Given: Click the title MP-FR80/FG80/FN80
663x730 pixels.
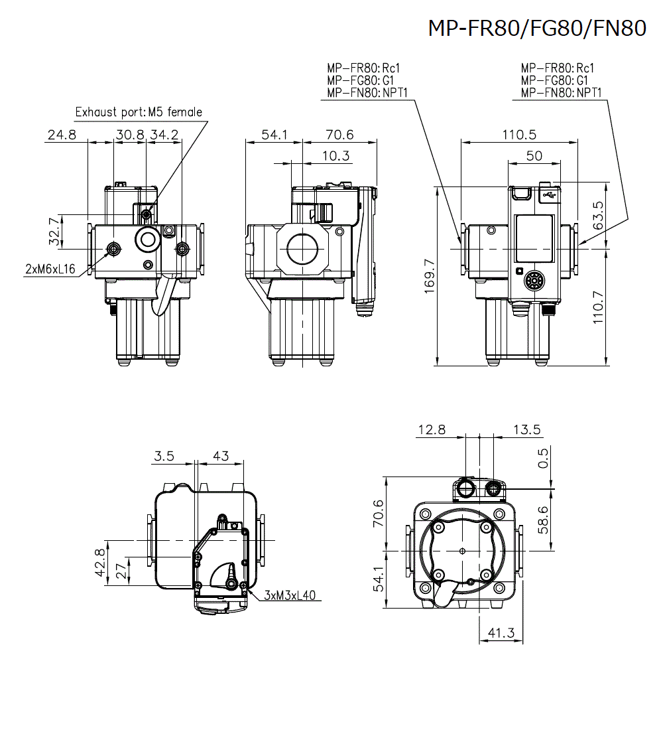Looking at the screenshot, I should click(x=536, y=28).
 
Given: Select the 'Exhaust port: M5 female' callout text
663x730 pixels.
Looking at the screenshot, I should click(x=139, y=112).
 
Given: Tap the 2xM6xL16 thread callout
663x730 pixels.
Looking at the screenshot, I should click(x=50, y=268).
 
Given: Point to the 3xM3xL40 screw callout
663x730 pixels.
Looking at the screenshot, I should click(x=290, y=595).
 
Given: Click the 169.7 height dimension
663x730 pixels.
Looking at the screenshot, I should click(x=430, y=276).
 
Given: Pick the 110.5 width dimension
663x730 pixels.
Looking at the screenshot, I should click(x=518, y=135).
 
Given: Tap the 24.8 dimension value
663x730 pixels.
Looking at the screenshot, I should click(x=62, y=135).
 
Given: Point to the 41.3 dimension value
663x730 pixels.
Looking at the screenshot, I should click(x=501, y=633).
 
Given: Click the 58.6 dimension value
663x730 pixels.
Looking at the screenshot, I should click(x=544, y=520).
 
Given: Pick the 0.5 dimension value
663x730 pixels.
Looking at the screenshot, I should click(x=544, y=458).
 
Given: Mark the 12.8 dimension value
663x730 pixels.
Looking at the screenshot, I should click(x=432, y=430).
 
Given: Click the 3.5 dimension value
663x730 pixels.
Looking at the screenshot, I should click(x=164, y=456).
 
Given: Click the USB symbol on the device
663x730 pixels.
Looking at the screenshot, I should click(x=548, y=194).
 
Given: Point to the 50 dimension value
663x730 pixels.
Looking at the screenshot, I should click(x=534, y=156).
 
